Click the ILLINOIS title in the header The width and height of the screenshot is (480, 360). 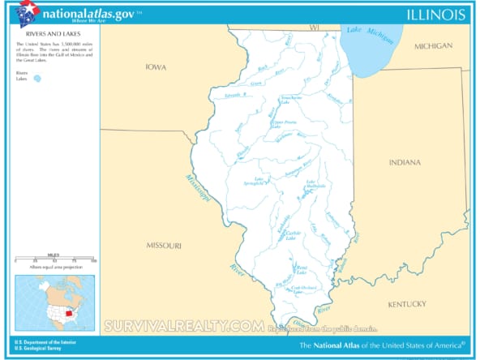pos(435,14)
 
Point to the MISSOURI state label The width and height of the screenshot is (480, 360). pos(164,245)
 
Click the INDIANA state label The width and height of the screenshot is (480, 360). pos(405,162)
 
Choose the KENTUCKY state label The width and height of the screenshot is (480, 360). pos(406,304)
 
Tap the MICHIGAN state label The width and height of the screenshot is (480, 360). pos(433,46)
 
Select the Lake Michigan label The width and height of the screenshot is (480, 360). pos(364,32)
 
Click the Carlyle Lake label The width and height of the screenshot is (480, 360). pos(292,234)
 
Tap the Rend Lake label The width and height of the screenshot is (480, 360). pos(301,268)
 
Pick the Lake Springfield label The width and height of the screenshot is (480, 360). pos(264,182)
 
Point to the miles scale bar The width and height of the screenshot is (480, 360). pos(54,259)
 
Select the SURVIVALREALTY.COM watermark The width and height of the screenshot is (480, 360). pos(183,326)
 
